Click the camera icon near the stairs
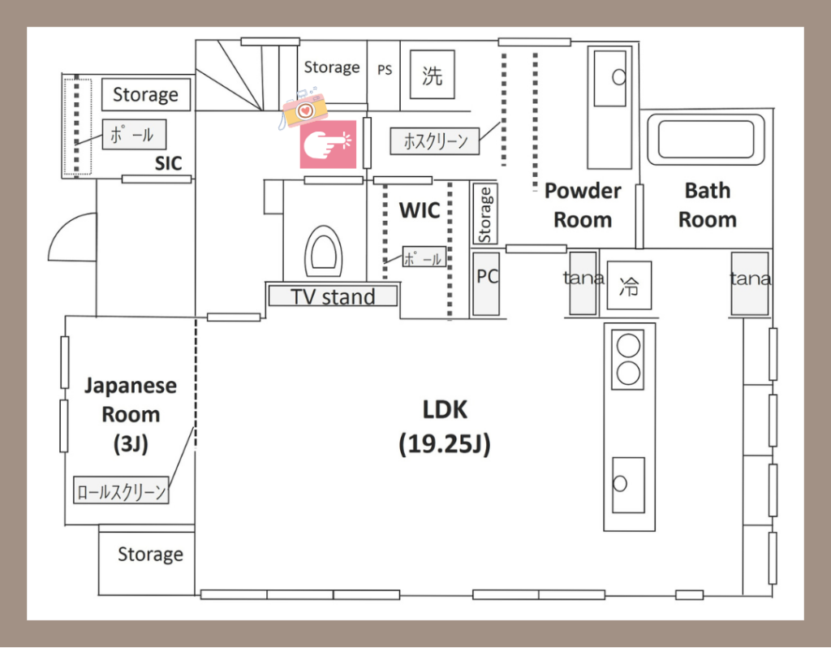[x=304, y=110]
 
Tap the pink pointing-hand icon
[x=328, y=144]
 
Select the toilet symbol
[x=323, y=252]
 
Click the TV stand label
[x=333, y=296]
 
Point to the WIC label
[x=420, y=210]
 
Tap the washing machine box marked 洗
[x=432, y=74]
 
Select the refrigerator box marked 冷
[x=629, y=285]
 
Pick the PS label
[x=385, y=70]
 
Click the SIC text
[x=169, y=163]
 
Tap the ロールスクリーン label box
[x=121, y=490]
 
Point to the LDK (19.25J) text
[x=445, y=427]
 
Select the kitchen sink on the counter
[x=629, y=485]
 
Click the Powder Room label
[x=583, y=205]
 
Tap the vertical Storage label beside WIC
[x=484, y=214]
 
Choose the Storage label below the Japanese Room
[x=150, y=554]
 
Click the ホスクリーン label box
[x=435, y=141]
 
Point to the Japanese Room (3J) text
[x=131, y=415]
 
